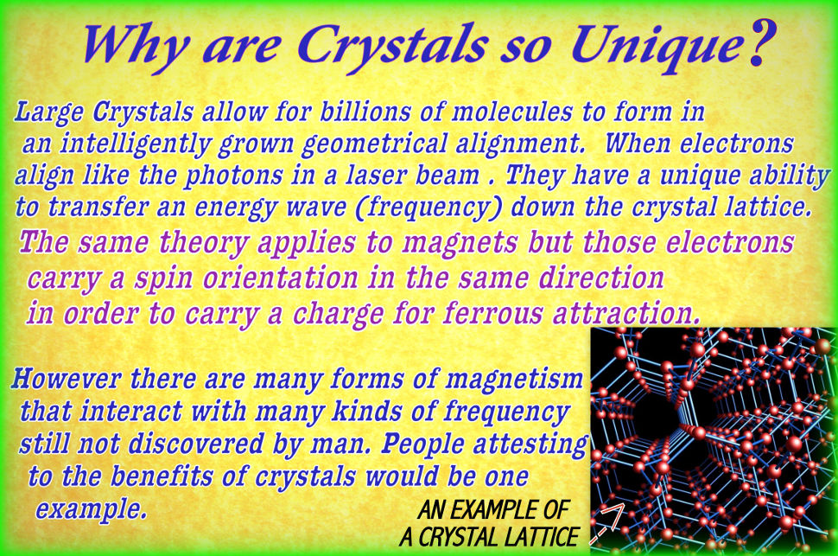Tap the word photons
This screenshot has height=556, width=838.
pyautogui.click(x=246, y=176)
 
